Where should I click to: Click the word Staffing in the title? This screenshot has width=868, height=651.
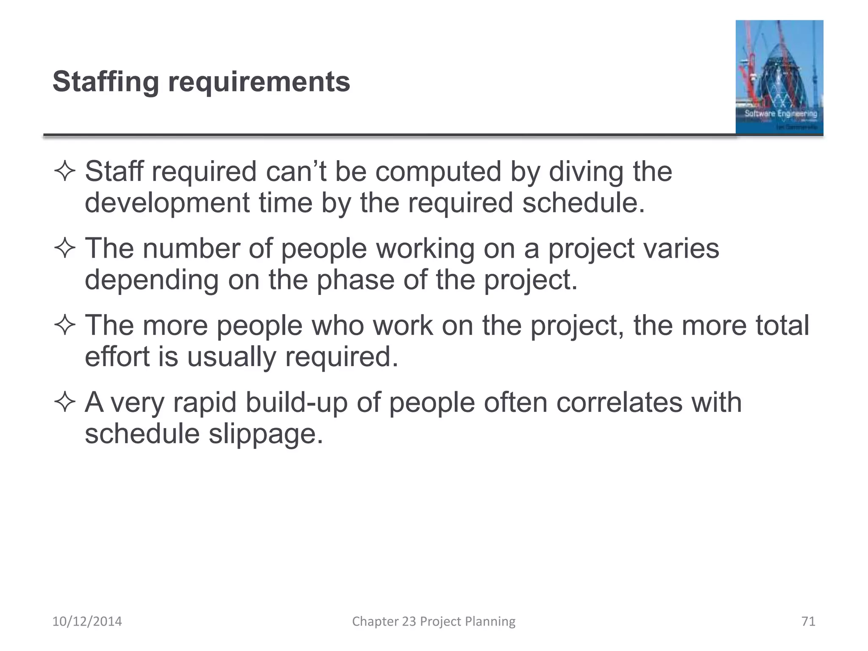pyautogui.click(x=106, y=82)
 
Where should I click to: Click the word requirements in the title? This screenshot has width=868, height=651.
pyautogui.click(x=259, y=82)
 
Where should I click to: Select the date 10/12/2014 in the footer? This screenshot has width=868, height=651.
pyautogui.click(x=87, y=621)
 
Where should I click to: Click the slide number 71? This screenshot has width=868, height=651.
pyautogui.click(x=808, y=621)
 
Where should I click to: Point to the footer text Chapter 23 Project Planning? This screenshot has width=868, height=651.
pyautogui.click(x=434, y=621)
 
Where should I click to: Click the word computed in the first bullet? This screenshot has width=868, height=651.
pyautogui.click(x=438, y=172)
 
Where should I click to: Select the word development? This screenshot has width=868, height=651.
pyautogui.click(x=167, y=203)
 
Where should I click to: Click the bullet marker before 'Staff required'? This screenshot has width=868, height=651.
pyautogui.click(x=65, y=172)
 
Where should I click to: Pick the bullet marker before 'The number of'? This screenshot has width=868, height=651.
pyautogui.click(x=65, y=248)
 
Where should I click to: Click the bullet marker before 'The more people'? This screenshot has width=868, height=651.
pyautogui.click(x=65, y=325)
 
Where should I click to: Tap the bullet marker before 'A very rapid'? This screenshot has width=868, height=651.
pyautogui.click(x=65, y=402)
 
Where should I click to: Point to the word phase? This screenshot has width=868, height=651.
pyautogui.click(x=356, y=280)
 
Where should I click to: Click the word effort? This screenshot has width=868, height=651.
pyautogui.click(x=117, y=357)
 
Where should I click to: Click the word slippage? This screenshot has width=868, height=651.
pyautogui.click(x=266, y=434)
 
